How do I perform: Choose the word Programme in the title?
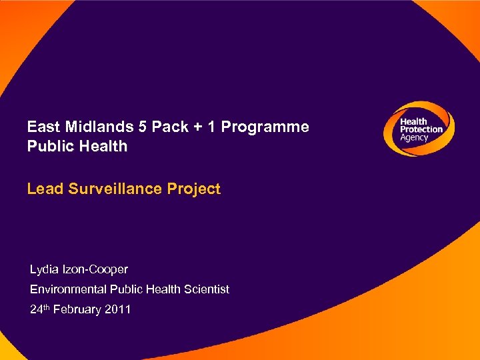(264, 127)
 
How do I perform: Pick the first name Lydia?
(45, 270)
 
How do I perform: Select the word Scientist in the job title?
(203, 289)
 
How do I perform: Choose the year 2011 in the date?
(118, 309)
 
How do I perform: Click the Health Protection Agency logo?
(419, 129)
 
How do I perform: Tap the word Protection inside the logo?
(421, 129)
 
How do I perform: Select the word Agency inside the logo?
(414, 137)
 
